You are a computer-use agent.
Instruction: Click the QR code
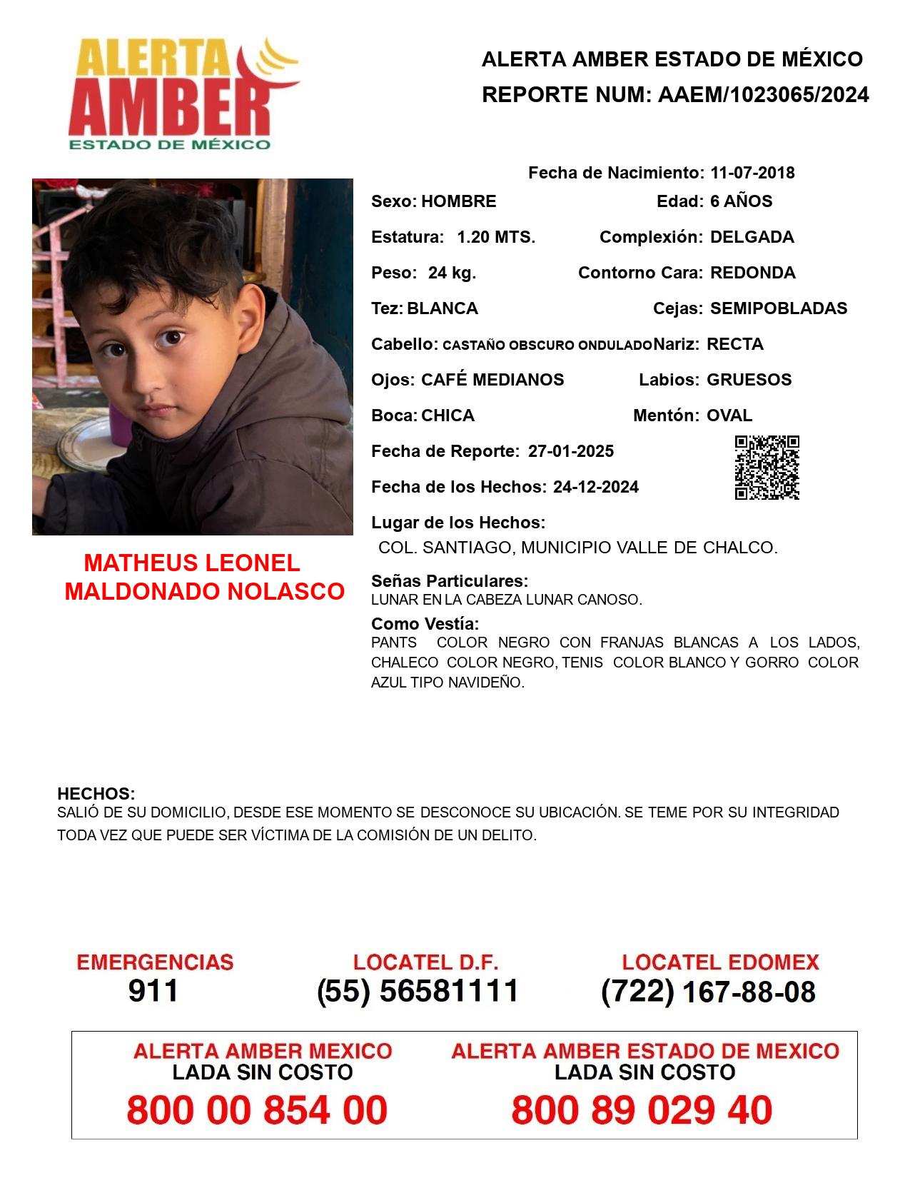click(767, 468)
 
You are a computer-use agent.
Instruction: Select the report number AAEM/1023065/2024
click(763, 95)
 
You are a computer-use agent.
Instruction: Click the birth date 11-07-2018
click(752, 173)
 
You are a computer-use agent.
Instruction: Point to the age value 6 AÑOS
click(741, 201)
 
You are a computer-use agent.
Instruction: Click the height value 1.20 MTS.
click(496, 237)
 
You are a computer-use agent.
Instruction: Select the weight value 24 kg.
click(452, 273)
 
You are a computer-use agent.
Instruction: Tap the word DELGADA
click(752, 237)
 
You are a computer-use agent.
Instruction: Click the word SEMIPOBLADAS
click(779, 308)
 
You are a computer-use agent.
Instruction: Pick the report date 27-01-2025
click(571, 451)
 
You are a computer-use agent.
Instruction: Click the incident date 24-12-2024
click(596, 487)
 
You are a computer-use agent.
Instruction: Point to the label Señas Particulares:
click(450, 581)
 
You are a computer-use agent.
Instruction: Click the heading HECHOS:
click(96, 794)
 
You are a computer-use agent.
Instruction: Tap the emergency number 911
click(153, 991)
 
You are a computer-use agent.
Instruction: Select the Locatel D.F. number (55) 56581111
click(418, 991)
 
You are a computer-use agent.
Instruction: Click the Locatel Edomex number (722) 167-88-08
click(708, 992)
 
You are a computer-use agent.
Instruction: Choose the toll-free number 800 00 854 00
click(257, 1110)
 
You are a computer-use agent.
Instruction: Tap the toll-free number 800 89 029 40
click(642, 1110)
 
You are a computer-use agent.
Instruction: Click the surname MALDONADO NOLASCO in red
click(205, 591)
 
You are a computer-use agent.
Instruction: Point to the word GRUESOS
click(749, 380)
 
